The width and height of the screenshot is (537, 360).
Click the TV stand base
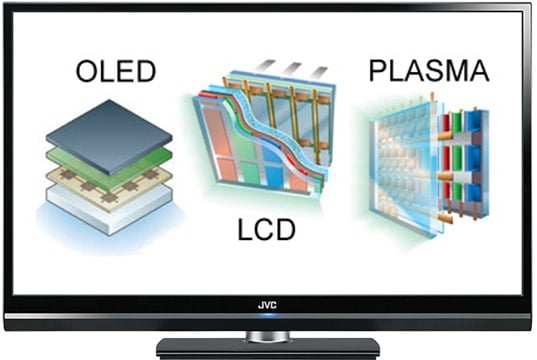click(268, 348)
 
